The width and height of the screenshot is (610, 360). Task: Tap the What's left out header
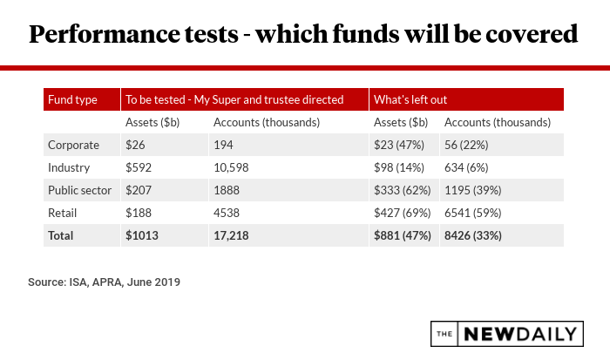click(x=410, y=99)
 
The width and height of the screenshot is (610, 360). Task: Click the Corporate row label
click(x=74, y=145)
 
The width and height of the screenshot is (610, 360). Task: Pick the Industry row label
click(x=71, y=167)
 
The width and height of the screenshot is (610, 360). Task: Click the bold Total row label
click(x=63, y=235)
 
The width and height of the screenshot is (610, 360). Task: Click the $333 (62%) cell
click(x=404, y=190)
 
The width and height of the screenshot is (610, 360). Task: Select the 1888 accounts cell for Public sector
click(x=227, y=190)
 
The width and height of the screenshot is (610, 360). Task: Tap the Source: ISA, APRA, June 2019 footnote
click(x=105, y=282)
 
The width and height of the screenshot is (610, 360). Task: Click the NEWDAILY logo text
click(x=520, y=333)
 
